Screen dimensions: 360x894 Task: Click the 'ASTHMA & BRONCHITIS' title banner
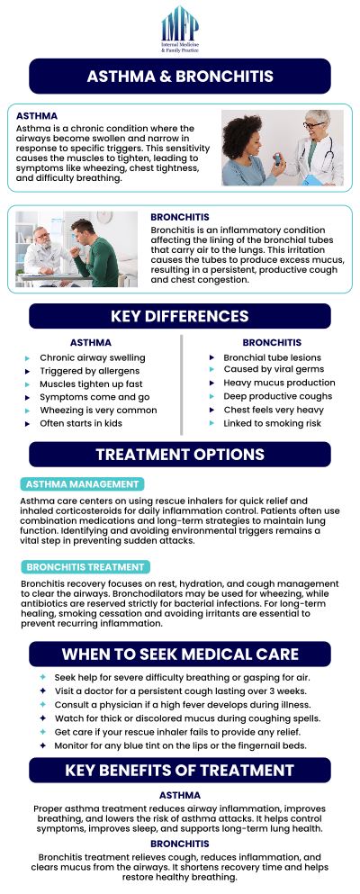point(180,77)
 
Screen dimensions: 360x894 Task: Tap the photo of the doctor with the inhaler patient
point(282,148)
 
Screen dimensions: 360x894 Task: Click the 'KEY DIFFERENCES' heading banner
point(180,316)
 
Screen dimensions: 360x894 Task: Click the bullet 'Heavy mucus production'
point(279,383)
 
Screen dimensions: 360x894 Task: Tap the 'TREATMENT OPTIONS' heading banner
point(180,454)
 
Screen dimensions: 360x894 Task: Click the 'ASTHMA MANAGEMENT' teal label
point(83,484)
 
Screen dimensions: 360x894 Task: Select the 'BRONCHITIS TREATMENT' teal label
point(86,567)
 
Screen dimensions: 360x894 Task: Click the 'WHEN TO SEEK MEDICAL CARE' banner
point(180,654)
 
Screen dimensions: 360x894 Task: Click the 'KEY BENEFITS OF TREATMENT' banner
point(180,770)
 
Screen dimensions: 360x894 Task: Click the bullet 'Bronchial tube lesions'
point(272,357)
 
